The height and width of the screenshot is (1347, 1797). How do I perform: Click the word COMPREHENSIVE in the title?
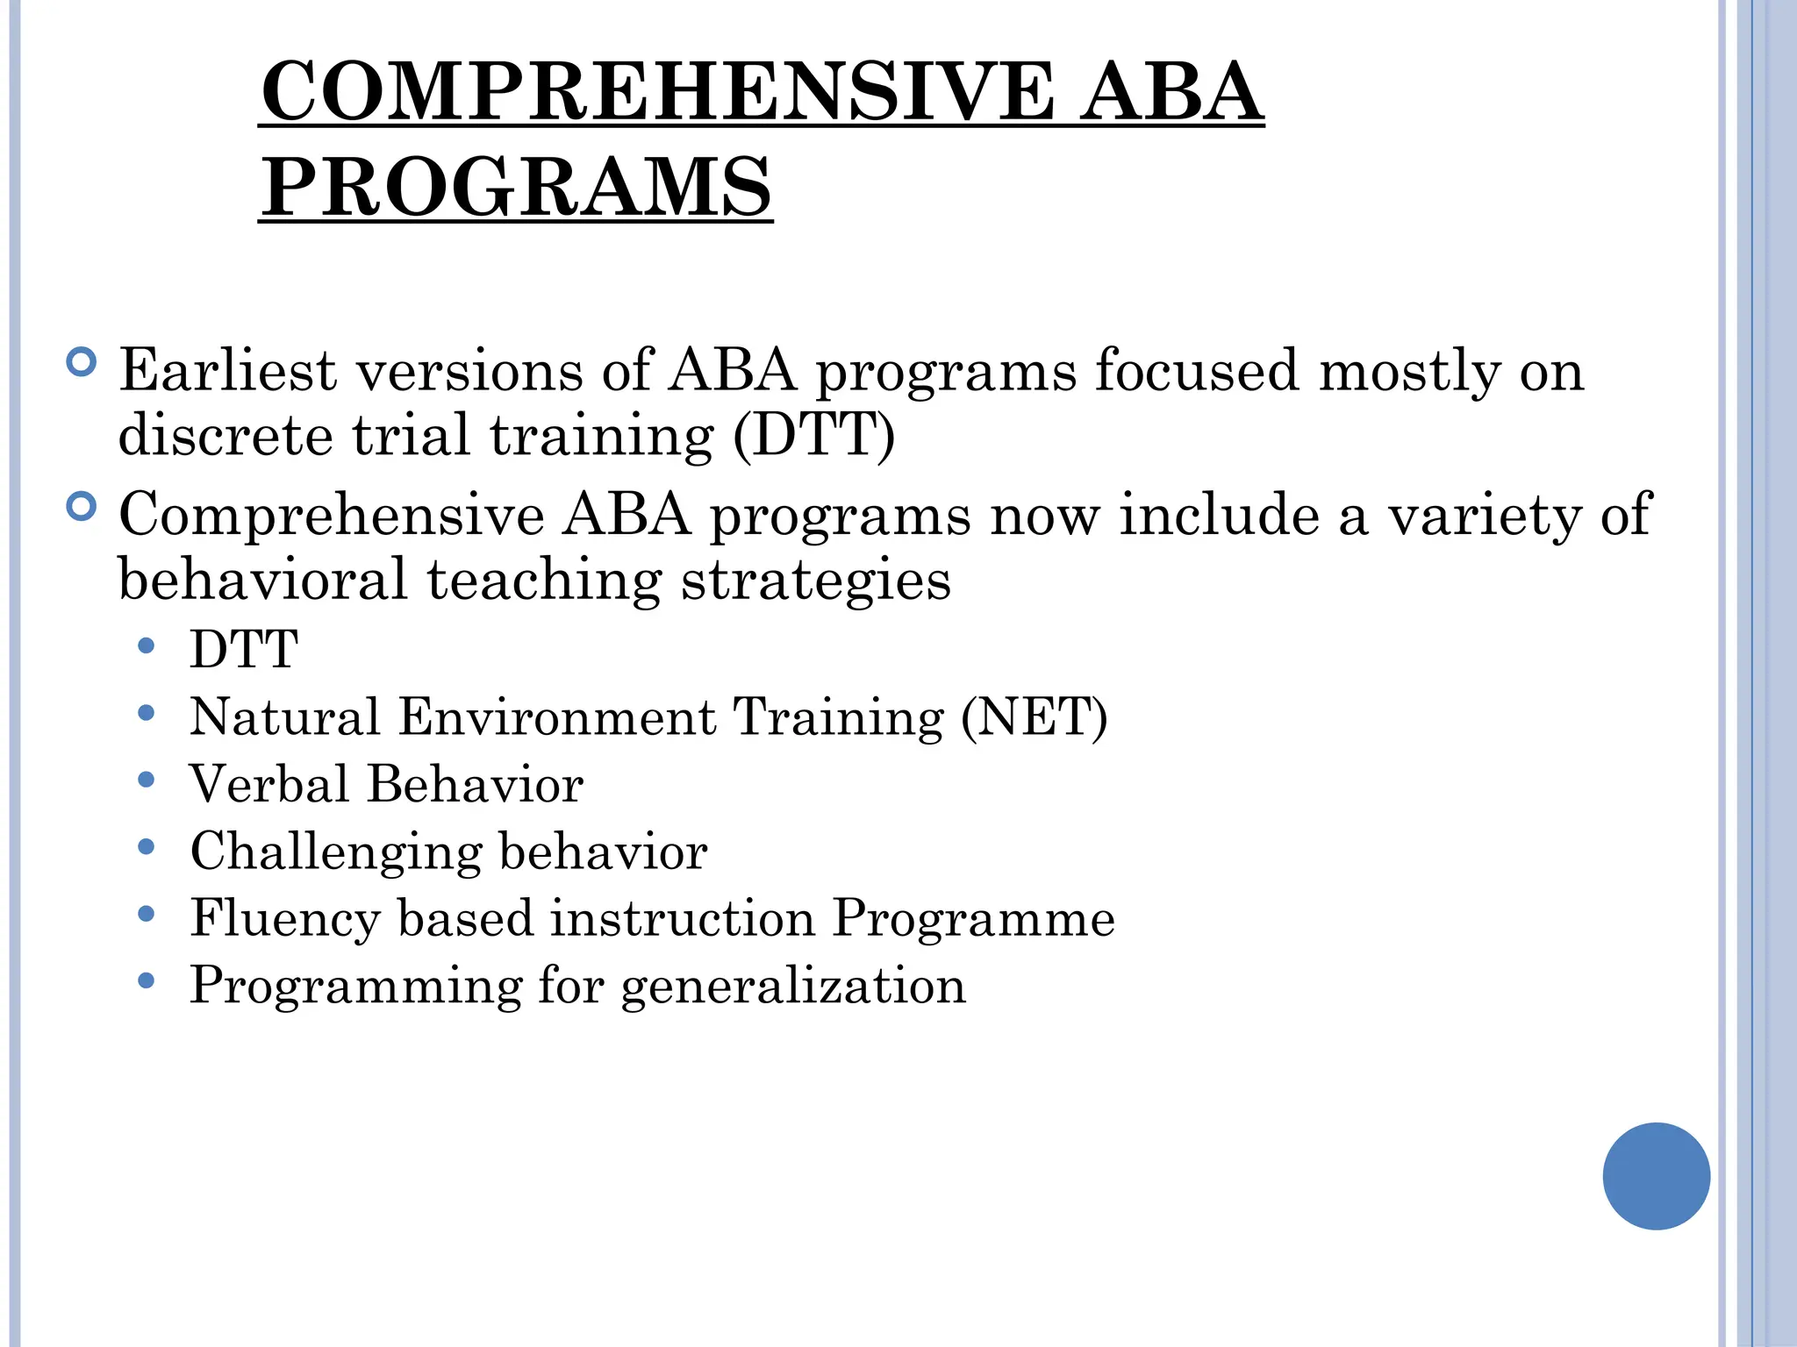point(658,92)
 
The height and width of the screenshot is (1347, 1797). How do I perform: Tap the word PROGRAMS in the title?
point(517,187)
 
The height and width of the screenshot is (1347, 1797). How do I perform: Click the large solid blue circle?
point(1656,1176)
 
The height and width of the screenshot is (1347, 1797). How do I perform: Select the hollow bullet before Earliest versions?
point(82,362)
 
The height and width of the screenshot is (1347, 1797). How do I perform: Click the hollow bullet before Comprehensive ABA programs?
point(82,507)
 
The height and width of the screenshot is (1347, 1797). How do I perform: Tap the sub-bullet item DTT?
point(244,650)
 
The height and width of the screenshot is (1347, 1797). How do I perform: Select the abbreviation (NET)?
point(1035,717)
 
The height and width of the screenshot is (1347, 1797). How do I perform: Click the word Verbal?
point(269,784)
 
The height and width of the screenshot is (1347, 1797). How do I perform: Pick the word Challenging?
point(336,852)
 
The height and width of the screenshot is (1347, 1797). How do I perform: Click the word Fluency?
point(285,918)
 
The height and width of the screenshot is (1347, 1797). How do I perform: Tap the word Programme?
point(973,919)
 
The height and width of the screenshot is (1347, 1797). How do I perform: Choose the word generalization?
point(793,986)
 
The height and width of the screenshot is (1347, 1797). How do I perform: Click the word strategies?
point(816,581)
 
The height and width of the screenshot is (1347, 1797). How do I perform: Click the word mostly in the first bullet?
point(1410,372)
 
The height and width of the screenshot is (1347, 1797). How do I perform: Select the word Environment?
point(557,717)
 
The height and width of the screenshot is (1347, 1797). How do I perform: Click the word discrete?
point(226,435)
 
